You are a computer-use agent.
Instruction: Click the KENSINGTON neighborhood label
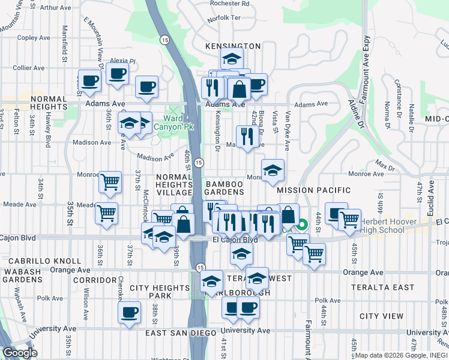(x=232, y=46)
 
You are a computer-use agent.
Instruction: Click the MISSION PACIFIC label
(x=313, y=190)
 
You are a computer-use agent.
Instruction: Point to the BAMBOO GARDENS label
(x=224, y=188)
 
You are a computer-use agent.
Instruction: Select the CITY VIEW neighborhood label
(x=381, y=316)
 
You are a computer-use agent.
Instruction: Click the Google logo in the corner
(x=20, y=353)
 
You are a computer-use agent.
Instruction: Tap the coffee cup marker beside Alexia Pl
(x=118, y=74)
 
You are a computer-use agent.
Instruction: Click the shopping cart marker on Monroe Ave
(x=110, y=181)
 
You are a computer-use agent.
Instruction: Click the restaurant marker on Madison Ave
(x=246, y=136)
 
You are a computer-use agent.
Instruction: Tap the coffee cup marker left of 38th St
(x=129, y=312)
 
